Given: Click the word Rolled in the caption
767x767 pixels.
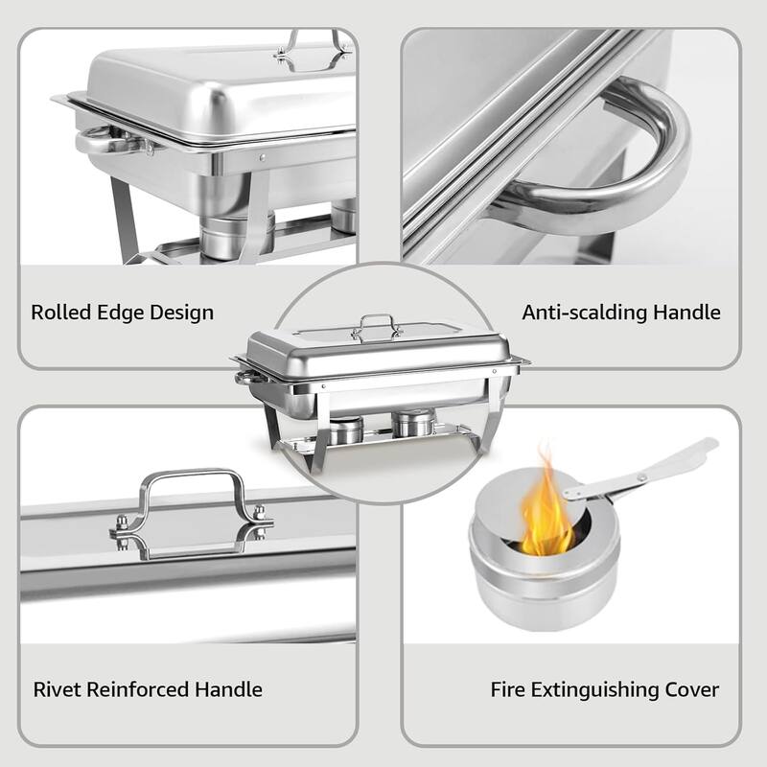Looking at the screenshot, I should (59, 313).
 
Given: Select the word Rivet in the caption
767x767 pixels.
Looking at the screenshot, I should (55, 689).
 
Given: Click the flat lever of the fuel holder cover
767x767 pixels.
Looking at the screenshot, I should (652, 469).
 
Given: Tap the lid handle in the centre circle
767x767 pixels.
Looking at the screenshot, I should (377, 328).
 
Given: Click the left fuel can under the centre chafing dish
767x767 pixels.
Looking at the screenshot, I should (348, 428).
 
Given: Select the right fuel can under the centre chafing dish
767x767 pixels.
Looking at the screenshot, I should (414, 423).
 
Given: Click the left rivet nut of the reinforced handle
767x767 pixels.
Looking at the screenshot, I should (123, 524).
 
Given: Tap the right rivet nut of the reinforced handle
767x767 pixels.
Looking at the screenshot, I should (258, 524).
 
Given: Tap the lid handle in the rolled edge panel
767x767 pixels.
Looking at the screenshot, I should (311, 50).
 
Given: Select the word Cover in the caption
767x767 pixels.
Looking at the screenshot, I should (693, 689).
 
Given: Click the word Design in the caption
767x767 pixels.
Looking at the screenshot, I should (181, 313).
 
